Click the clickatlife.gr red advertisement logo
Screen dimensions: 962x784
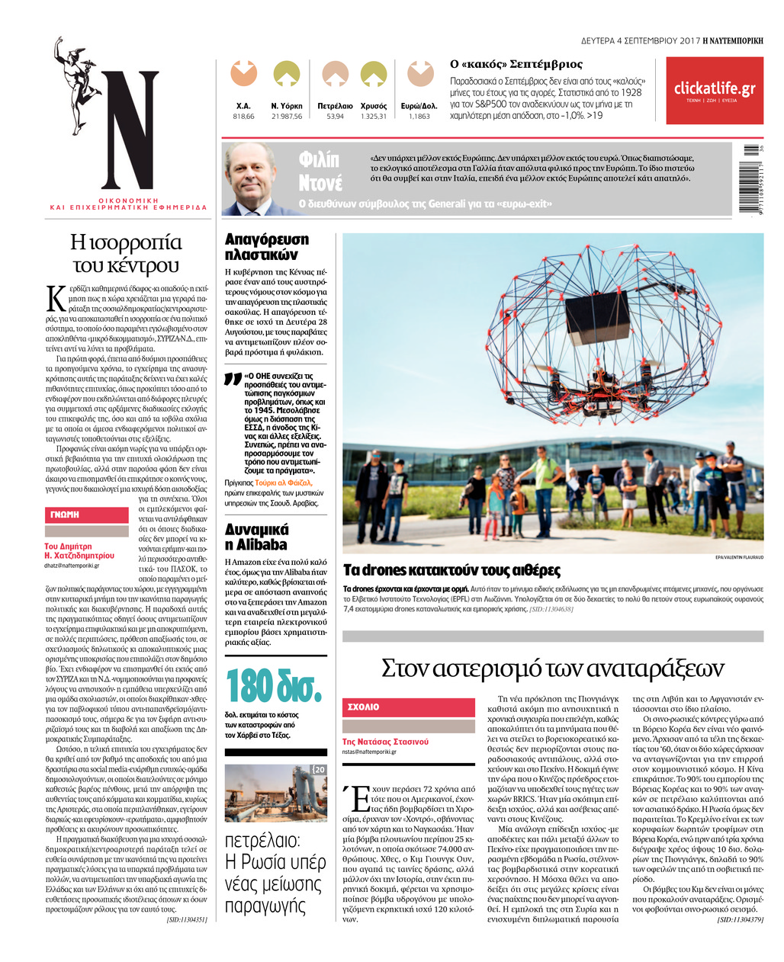point(714,90)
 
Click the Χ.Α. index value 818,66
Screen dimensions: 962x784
point(243,117)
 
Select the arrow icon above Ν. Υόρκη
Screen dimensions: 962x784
point(287,74)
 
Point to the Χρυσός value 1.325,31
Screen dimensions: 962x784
point(374,117)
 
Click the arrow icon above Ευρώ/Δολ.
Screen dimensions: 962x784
point(420,74)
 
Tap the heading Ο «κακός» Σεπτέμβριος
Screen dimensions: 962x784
point(516,64)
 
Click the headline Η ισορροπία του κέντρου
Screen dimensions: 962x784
point(126,254)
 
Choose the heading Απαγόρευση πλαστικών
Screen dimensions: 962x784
point(267,247)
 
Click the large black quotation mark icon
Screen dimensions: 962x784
point(233,379)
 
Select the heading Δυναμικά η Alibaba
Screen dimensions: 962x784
point(257,537)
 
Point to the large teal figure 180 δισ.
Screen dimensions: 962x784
point(274,685)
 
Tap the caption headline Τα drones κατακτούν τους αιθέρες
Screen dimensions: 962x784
point(451,570)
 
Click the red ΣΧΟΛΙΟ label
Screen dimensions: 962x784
point(364,707)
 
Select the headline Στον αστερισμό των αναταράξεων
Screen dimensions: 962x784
point(552,668)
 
